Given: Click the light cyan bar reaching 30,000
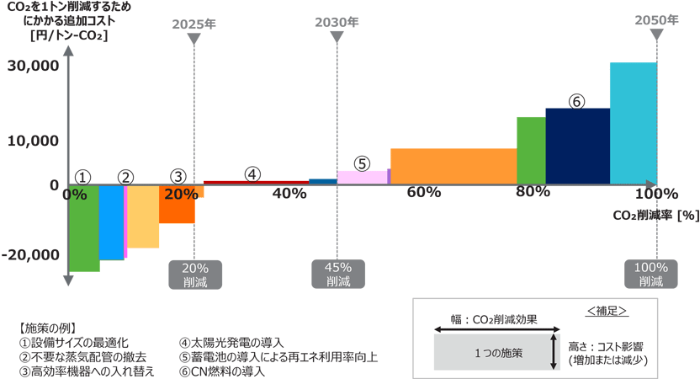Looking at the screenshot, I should coord(633,123).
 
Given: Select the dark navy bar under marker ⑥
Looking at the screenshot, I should coord(577,146).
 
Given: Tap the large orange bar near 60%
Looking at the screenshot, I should coord(453,166).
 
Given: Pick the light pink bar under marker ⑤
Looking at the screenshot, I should coord(362,177).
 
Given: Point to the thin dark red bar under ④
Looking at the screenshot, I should coord(256,182).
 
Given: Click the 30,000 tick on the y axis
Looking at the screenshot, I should coord(33,65).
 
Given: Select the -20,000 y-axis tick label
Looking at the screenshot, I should coord(34,254).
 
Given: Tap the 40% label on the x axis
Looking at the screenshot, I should coord(289,194).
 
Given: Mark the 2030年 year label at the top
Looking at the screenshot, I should coord(337,22).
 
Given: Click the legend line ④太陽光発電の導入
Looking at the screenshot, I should coord(231,343).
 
